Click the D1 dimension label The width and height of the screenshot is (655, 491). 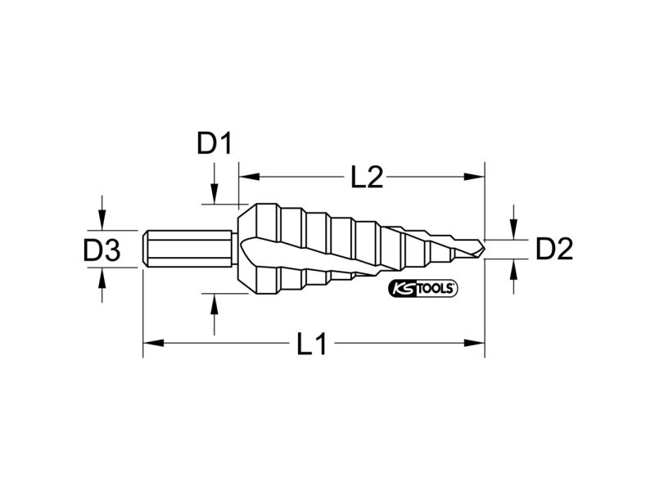pos(215,144)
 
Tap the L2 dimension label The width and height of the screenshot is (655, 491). pos(367,177)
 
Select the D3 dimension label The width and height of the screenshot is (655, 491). pos(102,250)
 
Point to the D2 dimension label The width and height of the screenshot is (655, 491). pos(554,250)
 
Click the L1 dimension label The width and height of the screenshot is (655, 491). pos(312,344)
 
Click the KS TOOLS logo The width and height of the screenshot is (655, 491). pos(423,288)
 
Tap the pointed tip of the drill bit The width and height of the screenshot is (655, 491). pos(484,250)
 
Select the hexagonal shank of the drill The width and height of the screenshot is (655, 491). pos(187,249)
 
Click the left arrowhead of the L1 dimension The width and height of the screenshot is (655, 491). pos(153,343)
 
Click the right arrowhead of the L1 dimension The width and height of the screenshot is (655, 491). pos(475,343)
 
